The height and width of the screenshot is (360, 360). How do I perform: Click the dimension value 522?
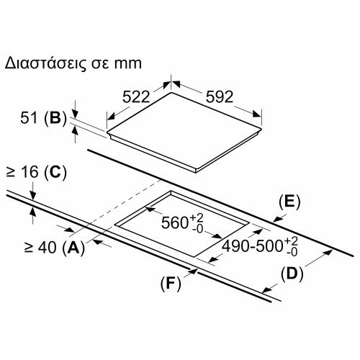[x=136, y=97]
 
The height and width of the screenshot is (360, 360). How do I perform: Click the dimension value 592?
[x=220, y=97]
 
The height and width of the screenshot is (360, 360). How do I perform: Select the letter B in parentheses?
[x=55, y=118]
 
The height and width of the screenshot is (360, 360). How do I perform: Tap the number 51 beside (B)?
[x=29, y=118]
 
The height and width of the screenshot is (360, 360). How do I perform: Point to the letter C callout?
[x=55, y=172]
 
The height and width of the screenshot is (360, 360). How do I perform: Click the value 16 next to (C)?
[x=30, y=172]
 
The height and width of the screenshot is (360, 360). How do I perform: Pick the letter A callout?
[x=73, y=247]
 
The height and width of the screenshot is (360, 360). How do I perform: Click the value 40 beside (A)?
[x=48, y=247]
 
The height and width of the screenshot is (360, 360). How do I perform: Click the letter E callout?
[x=289, y=202]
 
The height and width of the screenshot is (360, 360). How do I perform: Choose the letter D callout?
[x=292, y=274]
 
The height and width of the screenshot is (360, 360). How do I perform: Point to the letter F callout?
[x=171, y=283]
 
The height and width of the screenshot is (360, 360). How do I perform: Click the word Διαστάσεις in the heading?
[x=45, y=63]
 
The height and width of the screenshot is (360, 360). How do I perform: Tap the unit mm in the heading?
[x=127, y=64]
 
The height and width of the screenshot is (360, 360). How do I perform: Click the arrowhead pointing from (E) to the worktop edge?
[x=277, y=219]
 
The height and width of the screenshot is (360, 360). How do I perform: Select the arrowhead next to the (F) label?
[x=194, y=271]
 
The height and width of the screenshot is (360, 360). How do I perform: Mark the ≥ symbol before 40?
[x=29, y=248]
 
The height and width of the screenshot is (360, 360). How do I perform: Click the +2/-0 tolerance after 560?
[x=197, y=223]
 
